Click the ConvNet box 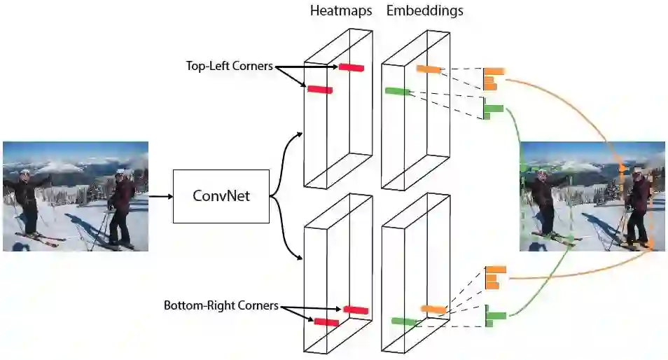[x=221, y=196]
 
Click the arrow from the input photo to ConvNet [x=160, y=196]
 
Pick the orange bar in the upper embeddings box [x=428, y=69]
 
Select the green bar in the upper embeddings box [x=397, y=91]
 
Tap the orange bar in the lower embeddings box [x=433, y=309]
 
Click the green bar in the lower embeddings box [x=404, y=321]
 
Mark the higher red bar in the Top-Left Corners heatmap [x=352, y=67]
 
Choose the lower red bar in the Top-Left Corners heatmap [x=320, y=89]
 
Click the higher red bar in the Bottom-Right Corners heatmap [x=356, y=310]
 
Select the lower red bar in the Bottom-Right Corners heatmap [x=326, y=321]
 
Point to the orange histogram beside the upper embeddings [x=493, y=78]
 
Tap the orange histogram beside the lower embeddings [x=494, y=277]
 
